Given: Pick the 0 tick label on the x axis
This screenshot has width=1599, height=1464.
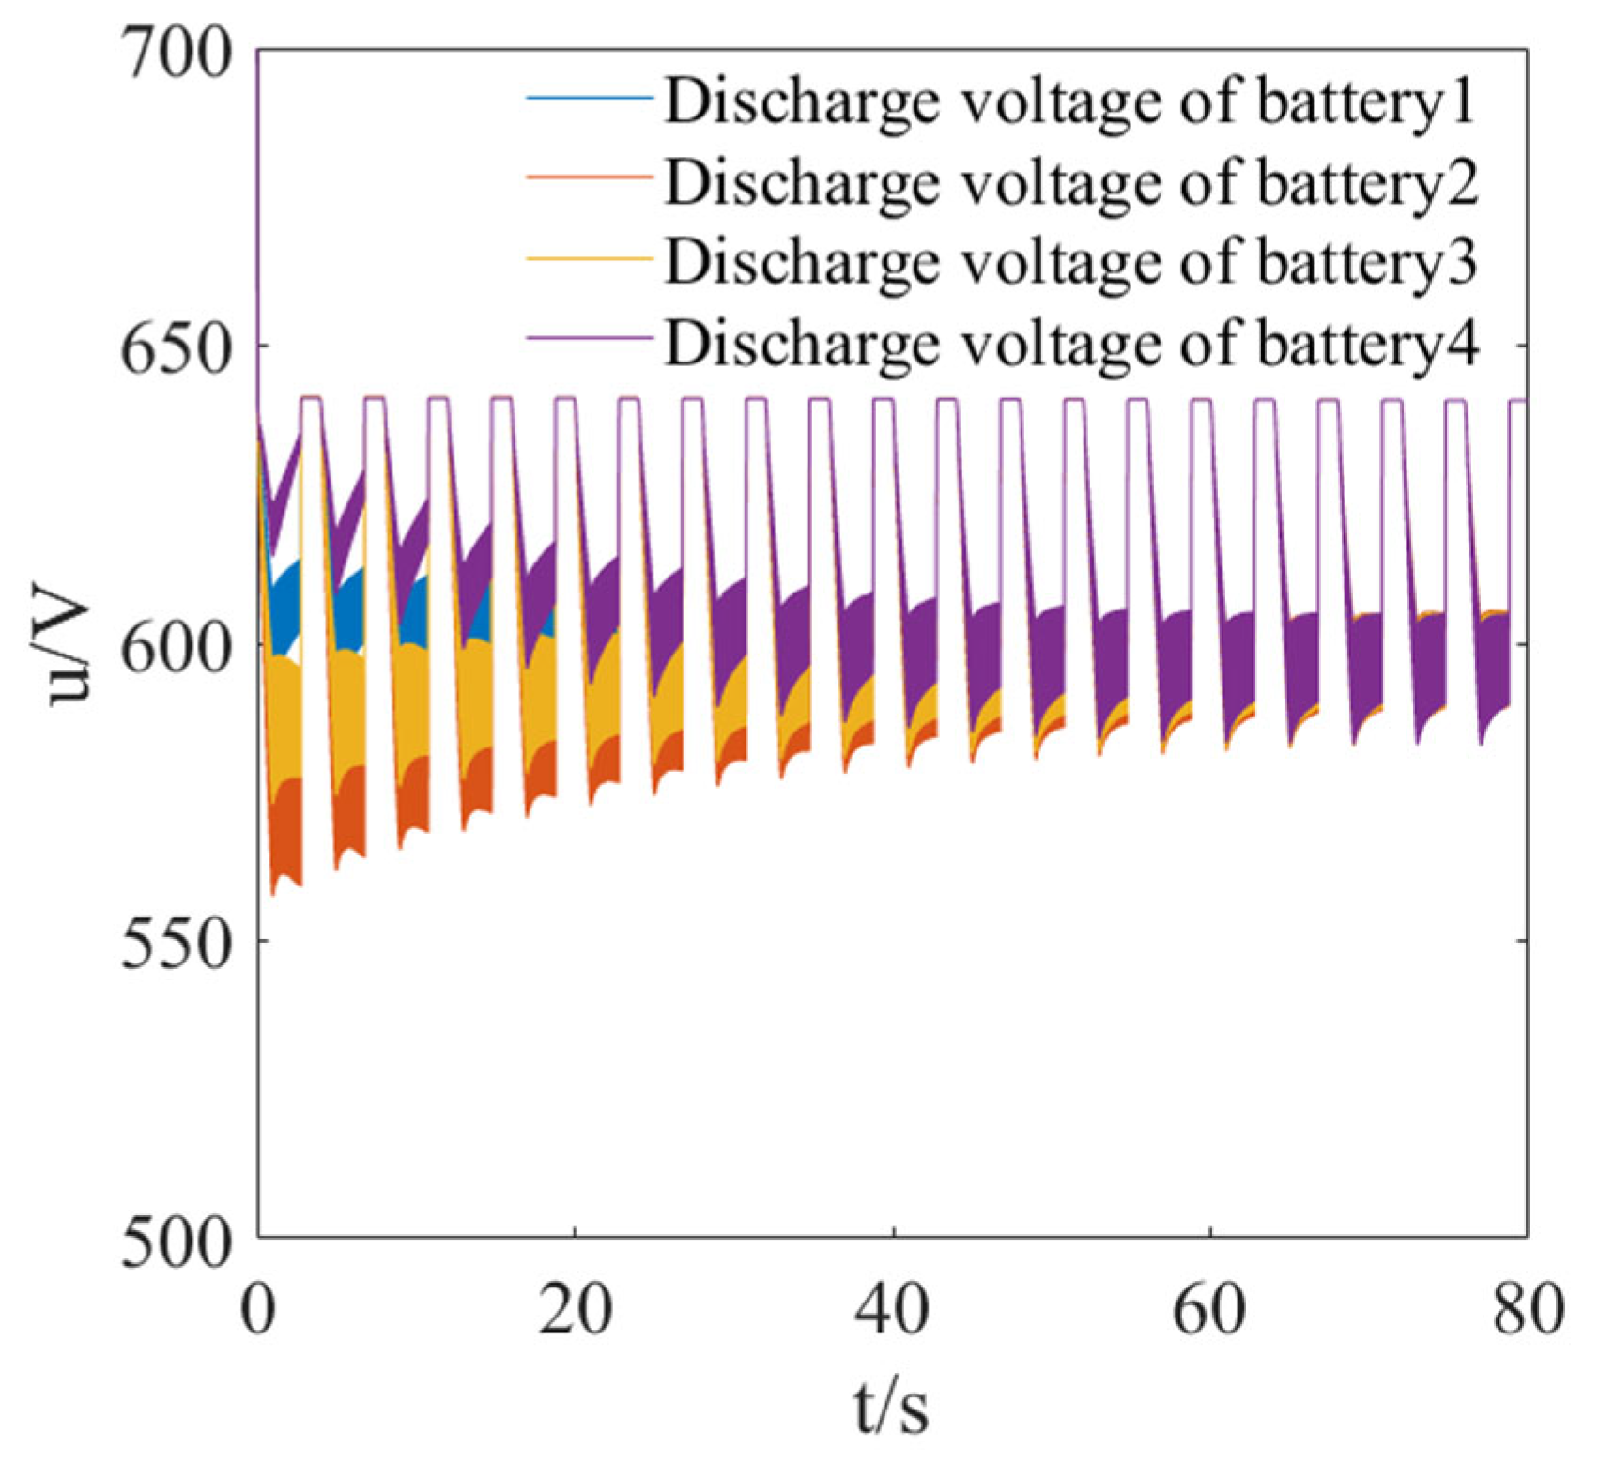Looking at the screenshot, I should click(x=257, y=1308).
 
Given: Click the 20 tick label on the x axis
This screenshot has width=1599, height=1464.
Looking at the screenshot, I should click(x=575, y=1308).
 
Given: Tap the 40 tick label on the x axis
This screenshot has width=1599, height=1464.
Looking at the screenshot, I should click(x=893, y=1308).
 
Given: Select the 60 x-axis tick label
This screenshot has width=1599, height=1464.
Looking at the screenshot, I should click(x=1209, y=1308).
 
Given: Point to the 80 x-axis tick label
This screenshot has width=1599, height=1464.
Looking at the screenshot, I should click(x=1527, y=1308).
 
